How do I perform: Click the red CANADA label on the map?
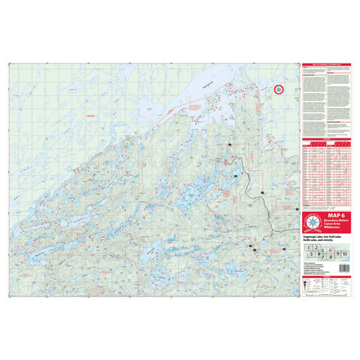click(x=91, y=117)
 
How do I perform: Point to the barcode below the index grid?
click(x=344, y=268)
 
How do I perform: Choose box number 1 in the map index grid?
click(x=308, y=249)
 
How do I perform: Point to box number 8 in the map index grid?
click(x=332, y=257)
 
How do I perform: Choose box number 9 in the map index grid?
click(x=338, y=254)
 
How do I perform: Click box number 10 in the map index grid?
click(x=345, y=254)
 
